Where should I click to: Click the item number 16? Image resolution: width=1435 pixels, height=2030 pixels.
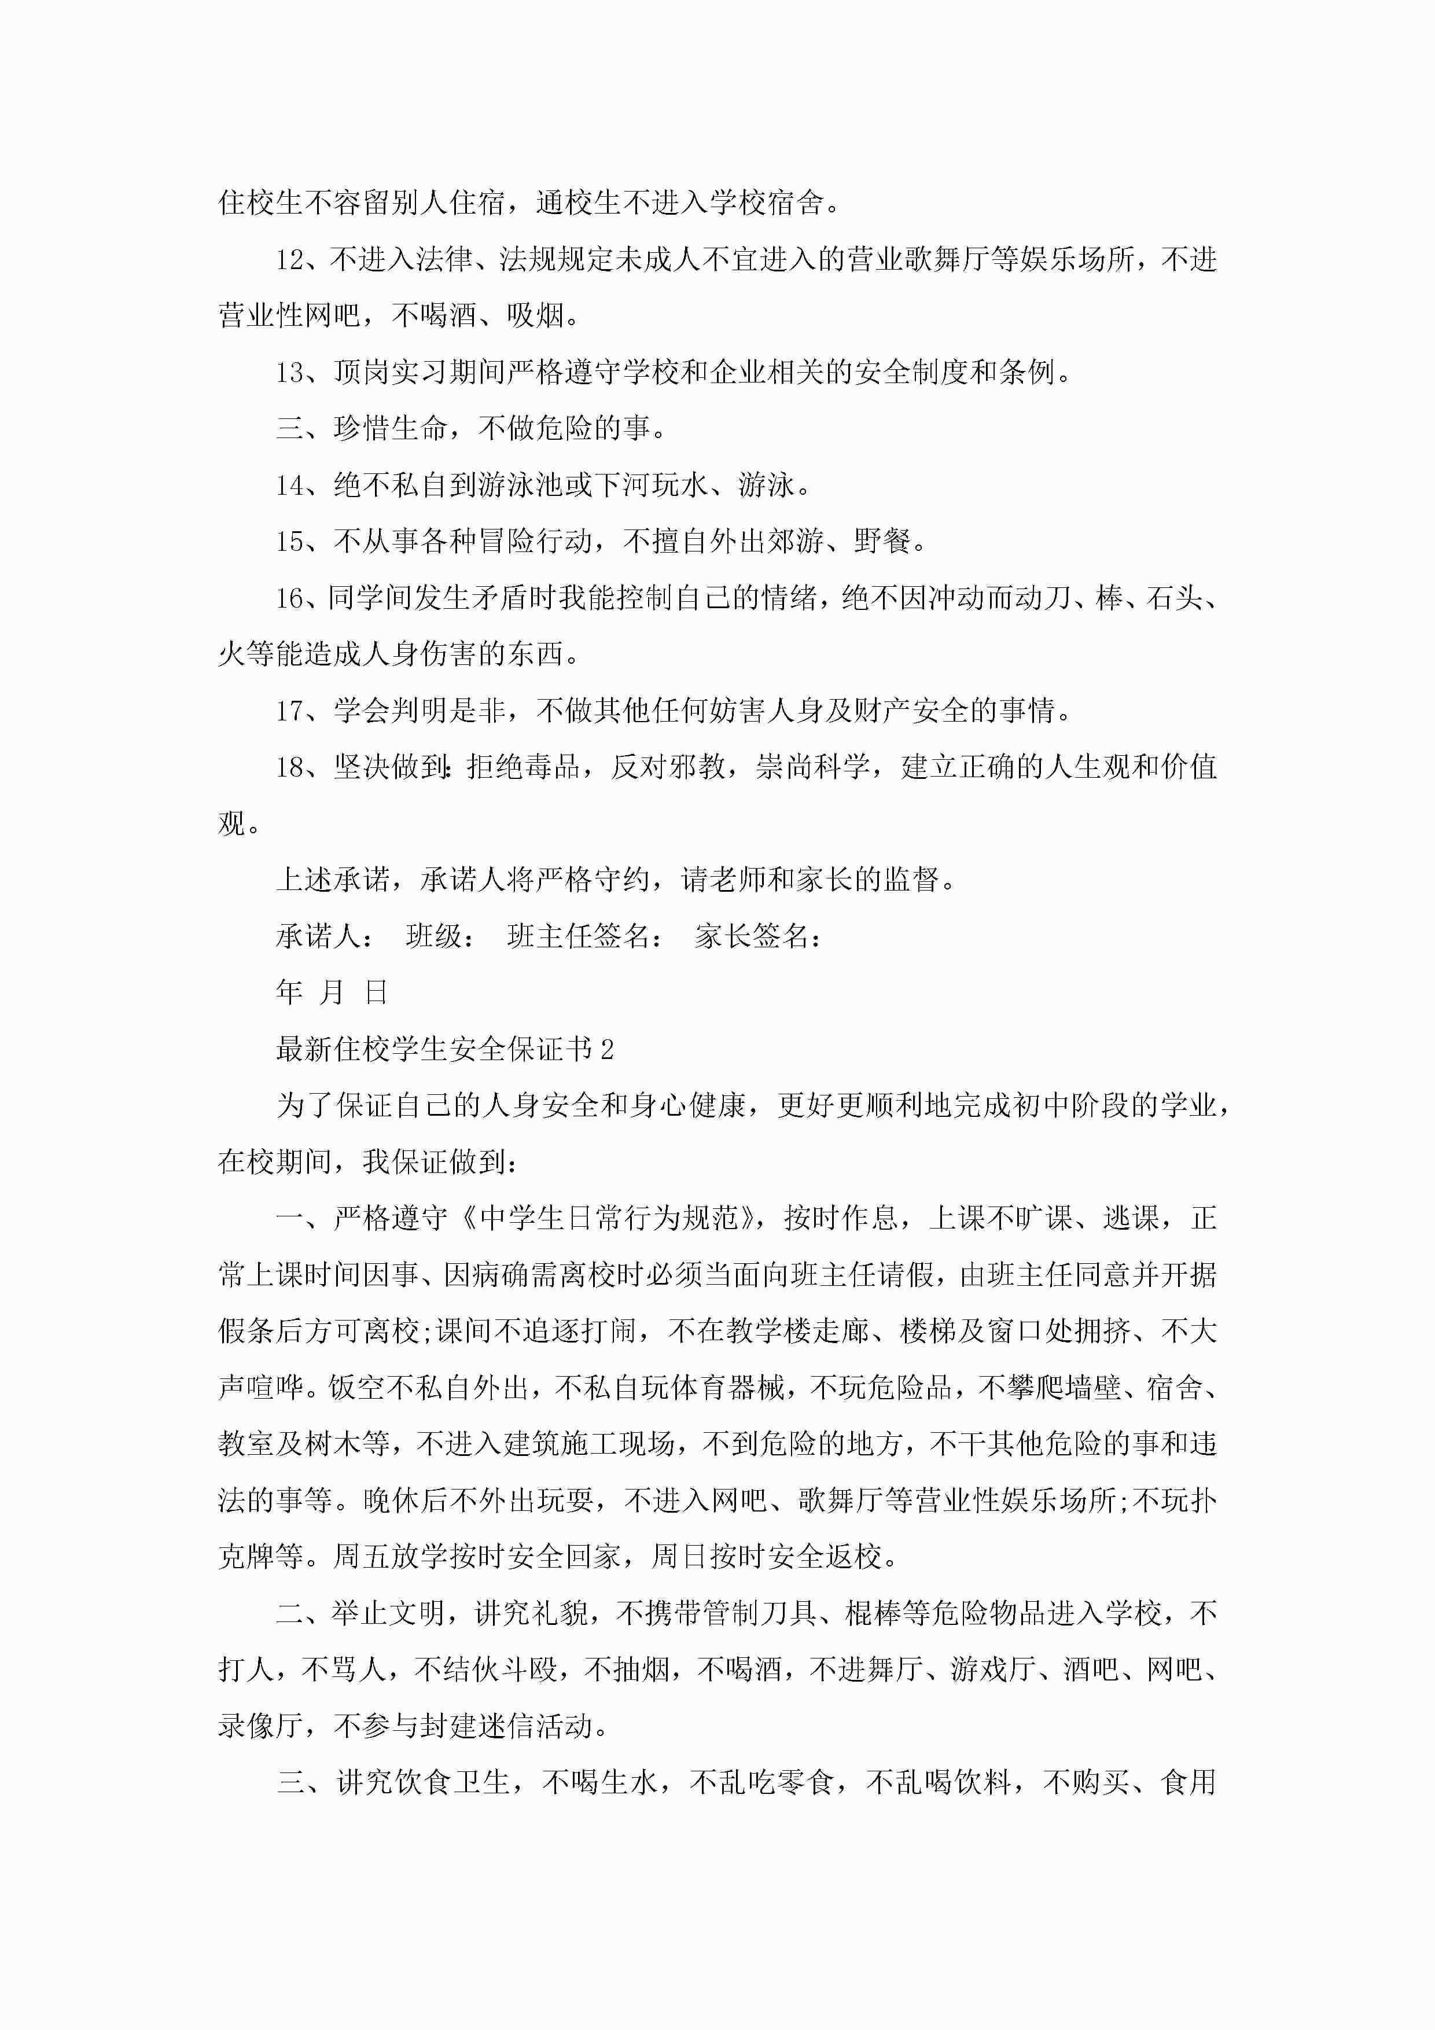(x=290, y=598)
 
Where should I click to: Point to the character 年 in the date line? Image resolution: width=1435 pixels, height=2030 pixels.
(x=290, y=993)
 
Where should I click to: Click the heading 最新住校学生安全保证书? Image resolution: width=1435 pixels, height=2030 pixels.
(x=434, y=1050)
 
